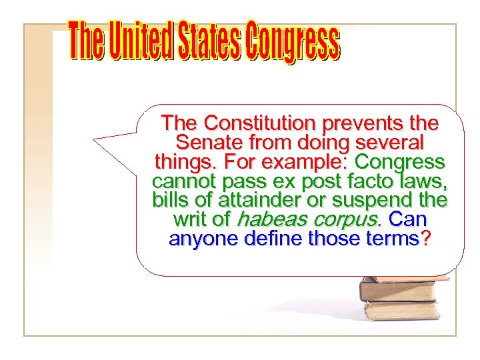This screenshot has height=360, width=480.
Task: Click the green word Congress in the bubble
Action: [x=401, y=162]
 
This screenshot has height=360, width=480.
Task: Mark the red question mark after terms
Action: [x=425, y=239]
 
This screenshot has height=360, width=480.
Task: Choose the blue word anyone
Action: [x=202, y=239]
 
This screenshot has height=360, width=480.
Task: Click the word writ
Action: [x=187, y=219]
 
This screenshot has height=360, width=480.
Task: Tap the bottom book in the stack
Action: [x=401, y=311]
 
